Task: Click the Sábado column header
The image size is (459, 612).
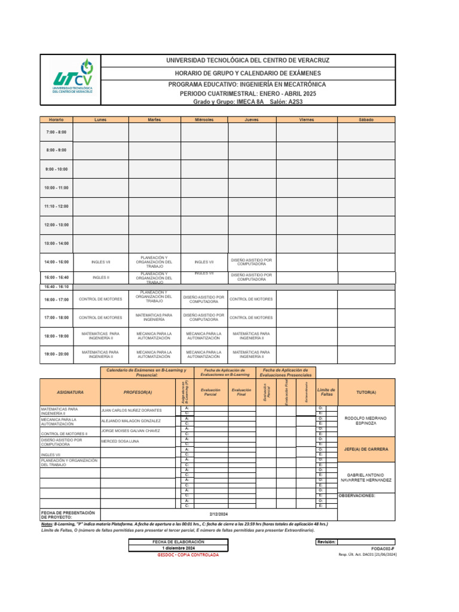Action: (x=366, y=120)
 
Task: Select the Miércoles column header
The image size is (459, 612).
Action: (x=204, y=120)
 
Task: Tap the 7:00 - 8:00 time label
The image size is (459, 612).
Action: (x=56, y=131)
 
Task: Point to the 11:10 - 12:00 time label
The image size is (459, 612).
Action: (x=56, y=206)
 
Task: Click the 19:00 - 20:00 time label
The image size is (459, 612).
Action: (x=56, y=354)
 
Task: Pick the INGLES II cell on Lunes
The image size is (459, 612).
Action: (x=100, y=277)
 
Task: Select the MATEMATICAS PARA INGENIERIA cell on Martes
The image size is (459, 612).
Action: (x=154, y=317)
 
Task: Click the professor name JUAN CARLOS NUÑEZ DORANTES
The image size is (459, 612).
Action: (x=131, y=411)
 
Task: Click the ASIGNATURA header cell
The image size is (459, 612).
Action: (x=70, y=392)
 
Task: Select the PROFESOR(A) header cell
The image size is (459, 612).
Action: (x=137, y=392)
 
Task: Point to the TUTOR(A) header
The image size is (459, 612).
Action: (x=366, y=392)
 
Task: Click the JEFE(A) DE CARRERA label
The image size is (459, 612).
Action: (x=366, y=449)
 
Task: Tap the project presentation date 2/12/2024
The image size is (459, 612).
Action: (x=219, y=514)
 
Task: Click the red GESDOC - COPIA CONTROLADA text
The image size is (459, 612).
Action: (x=188, y=555)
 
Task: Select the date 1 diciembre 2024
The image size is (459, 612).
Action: (x=179, y=548)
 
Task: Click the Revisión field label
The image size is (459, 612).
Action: (x=326, y=541)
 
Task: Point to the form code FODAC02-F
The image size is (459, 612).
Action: (x=382, y=548)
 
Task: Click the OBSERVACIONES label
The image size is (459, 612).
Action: (x=357, y=495)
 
